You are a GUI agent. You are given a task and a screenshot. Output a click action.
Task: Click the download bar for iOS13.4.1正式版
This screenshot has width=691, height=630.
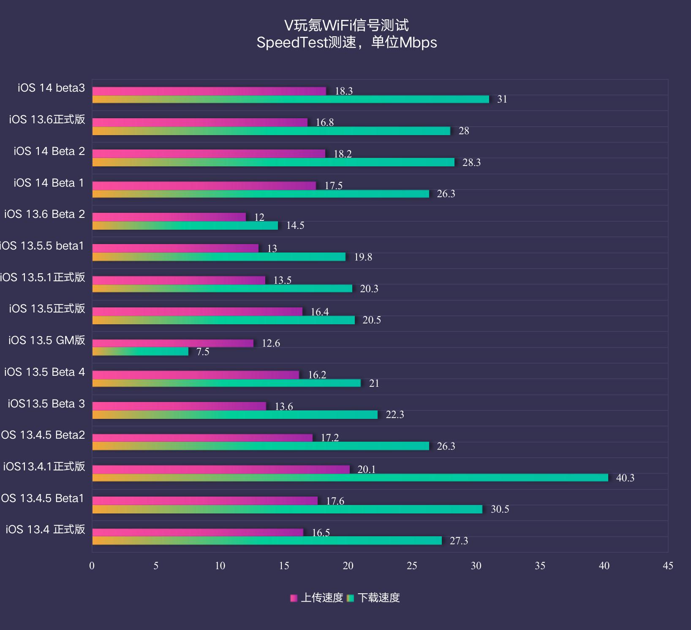[x=350, y=478]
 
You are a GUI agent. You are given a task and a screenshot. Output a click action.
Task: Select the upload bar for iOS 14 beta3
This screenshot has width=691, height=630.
[x=209, y=91]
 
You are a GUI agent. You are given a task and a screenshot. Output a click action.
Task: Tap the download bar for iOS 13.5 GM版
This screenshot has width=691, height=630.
[x=140, y=351]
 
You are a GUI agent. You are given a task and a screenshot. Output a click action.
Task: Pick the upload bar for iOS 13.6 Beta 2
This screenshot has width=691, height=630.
[x=169, y=217]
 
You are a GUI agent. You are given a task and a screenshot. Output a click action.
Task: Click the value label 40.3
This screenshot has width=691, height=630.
[x=625, y=478]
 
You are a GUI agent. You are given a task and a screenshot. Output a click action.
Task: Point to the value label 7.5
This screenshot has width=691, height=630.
[x=203, y=352]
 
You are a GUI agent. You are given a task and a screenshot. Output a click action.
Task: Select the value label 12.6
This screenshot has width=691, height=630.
[x=271, y=343]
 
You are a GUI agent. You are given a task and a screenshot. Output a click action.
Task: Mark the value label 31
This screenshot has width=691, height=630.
[x=502, y=99]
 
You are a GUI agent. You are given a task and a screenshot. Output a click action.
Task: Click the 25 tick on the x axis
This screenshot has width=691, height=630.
[x=412, y=566]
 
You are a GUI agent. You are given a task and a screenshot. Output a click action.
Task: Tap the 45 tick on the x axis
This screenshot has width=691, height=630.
[x=668, y=566]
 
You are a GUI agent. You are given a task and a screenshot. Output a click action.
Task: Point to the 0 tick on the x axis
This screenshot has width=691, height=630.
[x=92, y=566]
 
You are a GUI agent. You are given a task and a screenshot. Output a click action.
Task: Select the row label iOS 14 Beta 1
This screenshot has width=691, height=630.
[x=49, y=183]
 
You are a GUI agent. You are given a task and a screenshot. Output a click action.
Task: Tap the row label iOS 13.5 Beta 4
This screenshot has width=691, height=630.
[x=44, y=372]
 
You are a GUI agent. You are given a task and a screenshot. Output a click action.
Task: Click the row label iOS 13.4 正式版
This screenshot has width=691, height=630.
[x=45, y=530]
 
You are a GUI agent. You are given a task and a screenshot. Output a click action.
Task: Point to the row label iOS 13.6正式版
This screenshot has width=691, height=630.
[x=47, y=119]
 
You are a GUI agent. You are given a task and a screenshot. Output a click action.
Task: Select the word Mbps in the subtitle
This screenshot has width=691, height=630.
[x=418, y=43]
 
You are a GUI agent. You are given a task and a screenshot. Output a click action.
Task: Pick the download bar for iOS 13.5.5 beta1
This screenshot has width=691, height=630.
[x=219, y=257]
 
